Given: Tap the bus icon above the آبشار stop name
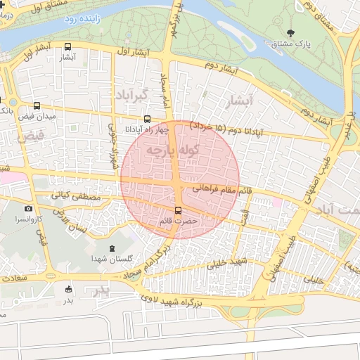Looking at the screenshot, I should (x=68, y=47).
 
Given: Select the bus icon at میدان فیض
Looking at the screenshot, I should (x=37, y=105).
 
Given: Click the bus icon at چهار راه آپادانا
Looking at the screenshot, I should (x=147, y=120).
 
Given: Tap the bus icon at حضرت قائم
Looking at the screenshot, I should (x=178, y=210).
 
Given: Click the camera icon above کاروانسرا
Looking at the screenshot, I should (x=28, y=208).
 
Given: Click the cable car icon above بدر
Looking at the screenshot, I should (x=68, y=289).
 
